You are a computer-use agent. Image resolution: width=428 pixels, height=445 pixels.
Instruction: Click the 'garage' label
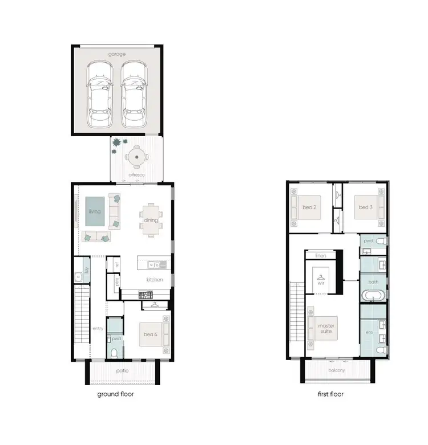117,55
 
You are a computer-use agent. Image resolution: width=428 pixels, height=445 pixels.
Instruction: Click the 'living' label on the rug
95,212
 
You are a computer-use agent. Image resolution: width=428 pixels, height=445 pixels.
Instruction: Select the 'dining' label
151,221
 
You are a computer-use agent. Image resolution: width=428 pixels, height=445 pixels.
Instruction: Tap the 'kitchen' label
155,280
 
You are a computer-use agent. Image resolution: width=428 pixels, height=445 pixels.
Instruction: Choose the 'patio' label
122,370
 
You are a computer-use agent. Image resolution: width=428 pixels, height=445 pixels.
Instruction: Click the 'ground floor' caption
116,394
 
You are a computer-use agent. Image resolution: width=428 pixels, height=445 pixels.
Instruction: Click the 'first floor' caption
330,394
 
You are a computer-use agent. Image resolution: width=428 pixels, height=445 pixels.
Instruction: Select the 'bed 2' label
310,208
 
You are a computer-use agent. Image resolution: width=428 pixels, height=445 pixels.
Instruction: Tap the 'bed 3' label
365,208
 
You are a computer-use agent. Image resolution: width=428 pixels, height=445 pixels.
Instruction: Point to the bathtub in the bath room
374,296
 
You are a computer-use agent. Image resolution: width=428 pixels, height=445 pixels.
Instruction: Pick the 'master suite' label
326,329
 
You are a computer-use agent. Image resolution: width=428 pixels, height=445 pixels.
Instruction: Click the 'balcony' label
336,370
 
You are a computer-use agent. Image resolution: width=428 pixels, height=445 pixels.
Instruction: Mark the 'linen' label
321,256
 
